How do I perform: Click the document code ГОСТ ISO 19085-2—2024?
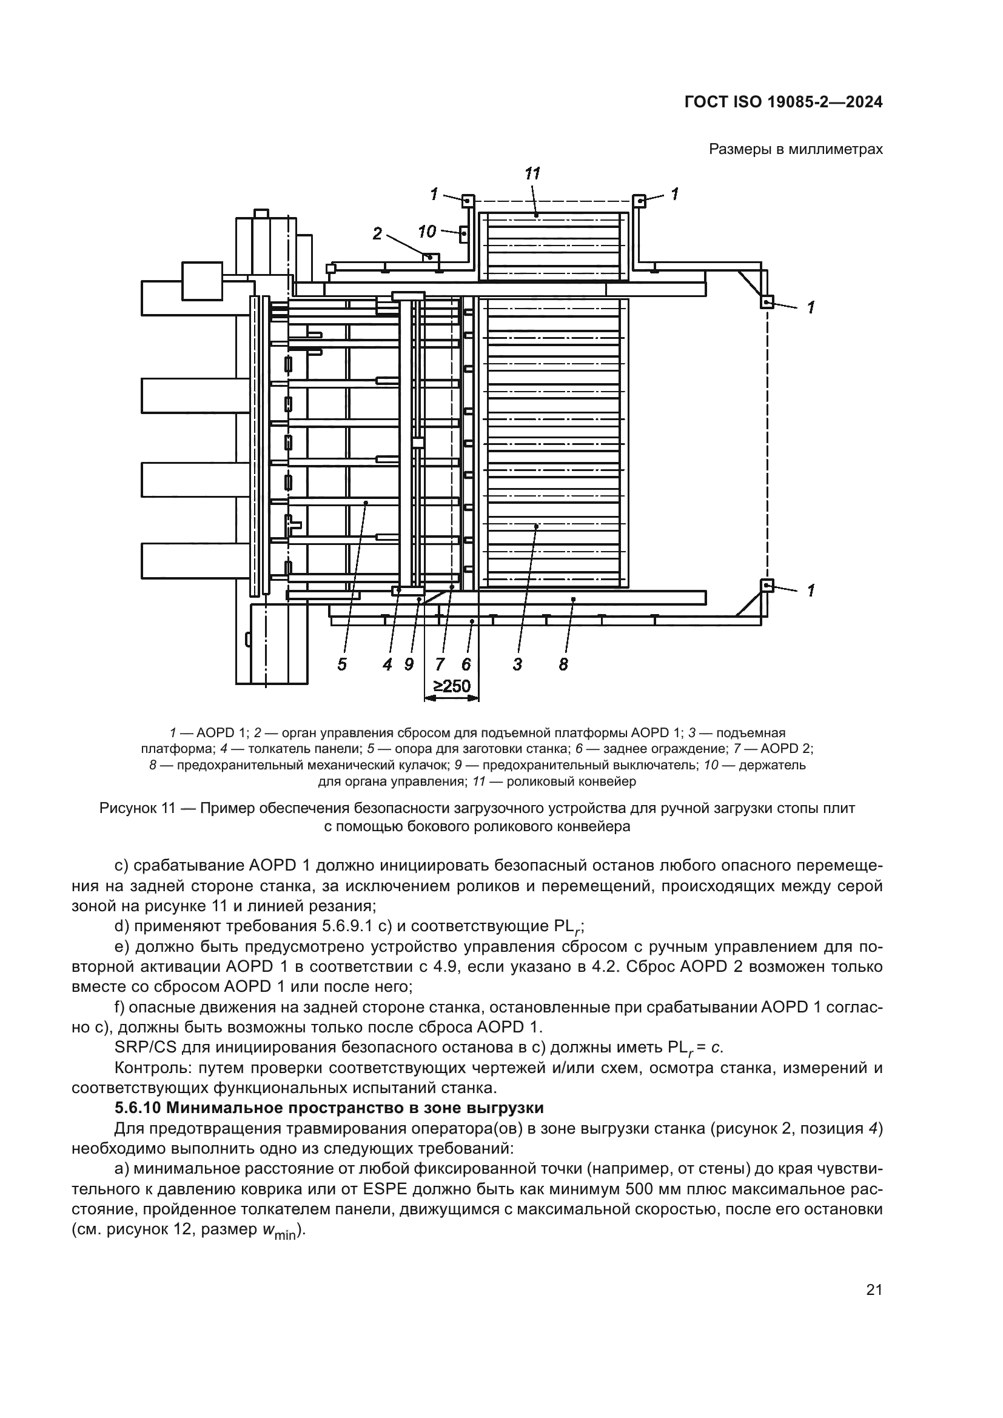coord(783,102)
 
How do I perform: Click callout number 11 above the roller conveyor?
coord(532,174)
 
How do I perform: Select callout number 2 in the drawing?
coord(377,233)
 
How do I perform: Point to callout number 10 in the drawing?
coord(427,232)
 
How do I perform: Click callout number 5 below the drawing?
coord(341,664)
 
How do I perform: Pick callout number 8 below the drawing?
coord(563,664)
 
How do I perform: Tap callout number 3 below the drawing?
coord(517,664)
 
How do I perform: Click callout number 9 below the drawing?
coord(409,664)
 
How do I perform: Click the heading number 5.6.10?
coord(137,1108)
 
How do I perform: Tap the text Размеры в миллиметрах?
coord(796,149)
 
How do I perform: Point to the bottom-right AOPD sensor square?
coord(767,585)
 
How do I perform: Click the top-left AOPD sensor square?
coord(468,200)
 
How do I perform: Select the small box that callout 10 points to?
coord(464,234)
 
